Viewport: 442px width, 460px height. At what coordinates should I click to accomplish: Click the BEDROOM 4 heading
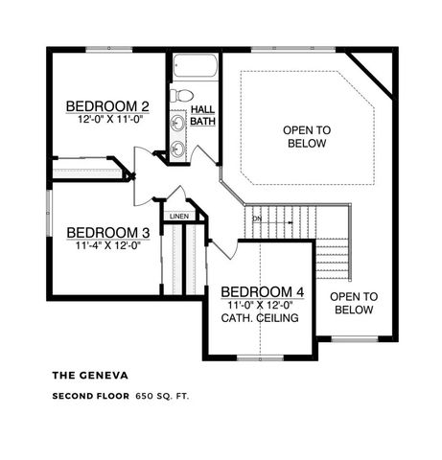(261, 291)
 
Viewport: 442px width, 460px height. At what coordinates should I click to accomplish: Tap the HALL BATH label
(202, 115)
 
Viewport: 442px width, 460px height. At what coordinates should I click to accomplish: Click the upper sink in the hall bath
(178, 124)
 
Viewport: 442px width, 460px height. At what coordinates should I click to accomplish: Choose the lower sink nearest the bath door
(178, 149)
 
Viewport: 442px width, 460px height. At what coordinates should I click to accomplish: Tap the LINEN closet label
(179, 217)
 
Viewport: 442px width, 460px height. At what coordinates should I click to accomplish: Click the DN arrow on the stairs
(257, 218)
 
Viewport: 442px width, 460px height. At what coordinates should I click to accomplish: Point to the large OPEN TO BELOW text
(307, 136)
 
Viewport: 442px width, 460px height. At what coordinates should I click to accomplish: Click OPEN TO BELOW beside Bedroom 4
(355, 303)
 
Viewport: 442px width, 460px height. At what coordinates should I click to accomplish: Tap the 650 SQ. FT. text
(161, 395)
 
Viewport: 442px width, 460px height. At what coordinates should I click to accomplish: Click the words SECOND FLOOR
(90, 395)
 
